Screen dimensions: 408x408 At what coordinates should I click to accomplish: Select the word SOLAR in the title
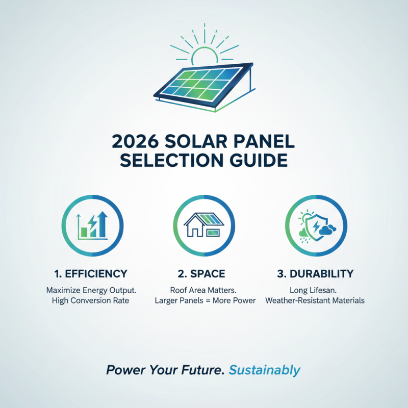point(206,141)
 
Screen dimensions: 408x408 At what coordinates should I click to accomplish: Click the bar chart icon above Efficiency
point(93,226)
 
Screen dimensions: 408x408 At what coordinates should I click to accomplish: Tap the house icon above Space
point(204,226)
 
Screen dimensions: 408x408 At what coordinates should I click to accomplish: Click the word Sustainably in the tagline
point(265,370)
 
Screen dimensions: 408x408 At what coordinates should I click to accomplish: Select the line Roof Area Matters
point(205,290)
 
